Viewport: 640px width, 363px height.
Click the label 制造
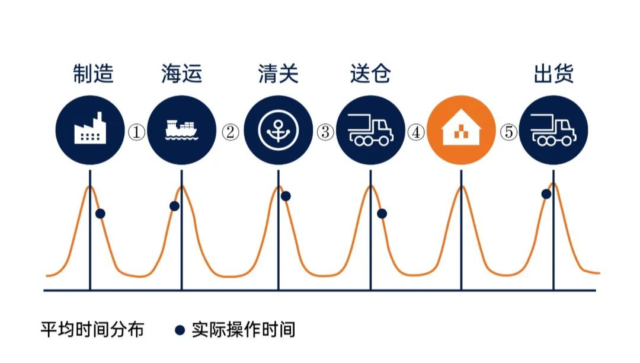coord(93,74)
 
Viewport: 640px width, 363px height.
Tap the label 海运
coord(182,74)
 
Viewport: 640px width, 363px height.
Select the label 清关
coord(279,74)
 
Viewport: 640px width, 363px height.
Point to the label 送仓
coord(370,74)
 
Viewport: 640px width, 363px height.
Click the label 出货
coord(553,74)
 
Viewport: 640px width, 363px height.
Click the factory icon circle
coord(90,130)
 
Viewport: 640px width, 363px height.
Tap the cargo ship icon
coord(182,130)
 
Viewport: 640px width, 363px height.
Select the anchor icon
coord(279,130)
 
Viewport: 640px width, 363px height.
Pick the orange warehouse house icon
coord(461,130)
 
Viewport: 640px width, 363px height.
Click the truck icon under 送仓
coord(370,130)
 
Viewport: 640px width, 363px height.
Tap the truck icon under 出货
coord(553,130)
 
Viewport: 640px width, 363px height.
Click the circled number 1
coord(136,132)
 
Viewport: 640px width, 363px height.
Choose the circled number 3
coord(325,132)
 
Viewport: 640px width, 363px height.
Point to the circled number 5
coord(508,132)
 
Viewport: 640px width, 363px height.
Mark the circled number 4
coord(416,132)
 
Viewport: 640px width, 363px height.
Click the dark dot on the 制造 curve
coord(100,213)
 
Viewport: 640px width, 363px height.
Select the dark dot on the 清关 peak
coord(286,196)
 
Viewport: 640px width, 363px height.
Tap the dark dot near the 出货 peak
coord(546,194)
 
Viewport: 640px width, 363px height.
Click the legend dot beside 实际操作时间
coord(180,330)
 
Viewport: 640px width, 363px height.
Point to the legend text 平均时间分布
coord(92,330)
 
